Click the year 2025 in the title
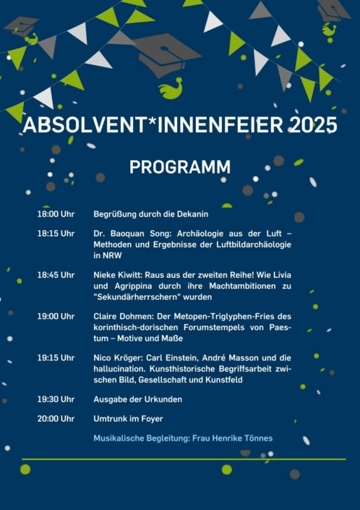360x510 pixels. (x=313, y=124)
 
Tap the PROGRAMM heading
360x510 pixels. (x=180, y=167)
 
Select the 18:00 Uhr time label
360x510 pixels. (x=56, y=214)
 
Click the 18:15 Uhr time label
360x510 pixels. (x=56, y=234)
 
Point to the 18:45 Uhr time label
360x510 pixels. (x=56, y=275)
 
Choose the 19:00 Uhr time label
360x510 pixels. (x=56, y=316)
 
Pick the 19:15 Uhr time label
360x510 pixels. (x=56, y=357)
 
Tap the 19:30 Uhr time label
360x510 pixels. (x=56, y=399)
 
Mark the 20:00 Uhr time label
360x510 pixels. (x=56, y=419)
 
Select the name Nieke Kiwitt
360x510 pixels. (x=118, y=275)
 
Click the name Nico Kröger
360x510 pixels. (x=117, y=357)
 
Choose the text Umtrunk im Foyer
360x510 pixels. (x=129, y=419)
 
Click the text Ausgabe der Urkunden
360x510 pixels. (x=137, y=399)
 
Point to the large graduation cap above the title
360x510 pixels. (x=166, y=54)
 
